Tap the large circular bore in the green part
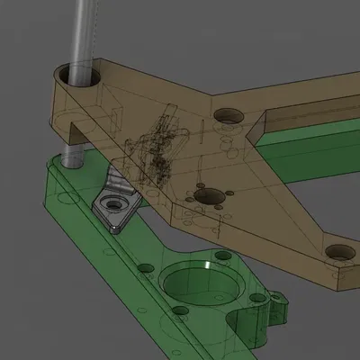pyautogui.click(x=197, y=284)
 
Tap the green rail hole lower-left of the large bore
pyautogui.click(x=180, y=311)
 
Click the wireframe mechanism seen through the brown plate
pyautogui.click(x=157, y=148)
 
